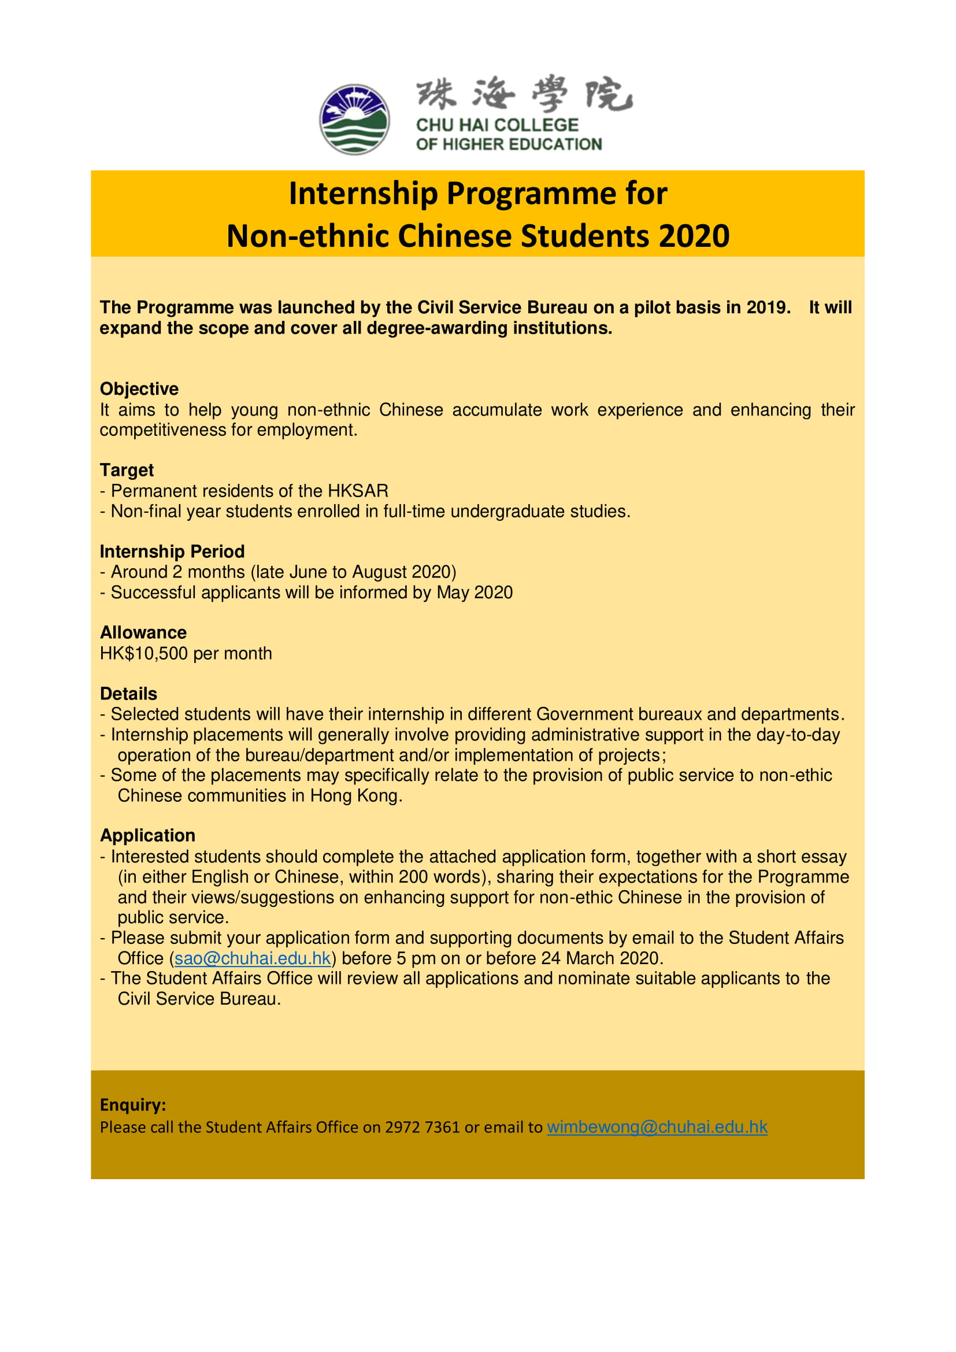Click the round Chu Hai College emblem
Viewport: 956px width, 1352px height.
pos(354,120)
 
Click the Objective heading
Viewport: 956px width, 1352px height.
pos(139,389)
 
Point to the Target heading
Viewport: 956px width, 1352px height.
pos(127,471)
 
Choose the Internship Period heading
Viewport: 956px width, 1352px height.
pos(172,552)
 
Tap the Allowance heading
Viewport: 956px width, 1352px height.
pos(143,633)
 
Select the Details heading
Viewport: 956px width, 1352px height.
pos(128,694)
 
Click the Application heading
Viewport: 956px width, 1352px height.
pos(147,836)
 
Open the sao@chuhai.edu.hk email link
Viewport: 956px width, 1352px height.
pos(253,958)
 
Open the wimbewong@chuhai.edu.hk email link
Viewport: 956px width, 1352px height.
pos(657,1127)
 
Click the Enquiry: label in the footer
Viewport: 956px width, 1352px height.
pos(133,1105)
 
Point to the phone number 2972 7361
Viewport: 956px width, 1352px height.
pos(422,1127)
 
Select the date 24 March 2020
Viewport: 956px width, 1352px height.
pos(602,958)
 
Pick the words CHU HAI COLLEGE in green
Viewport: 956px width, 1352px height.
pos(497,125)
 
